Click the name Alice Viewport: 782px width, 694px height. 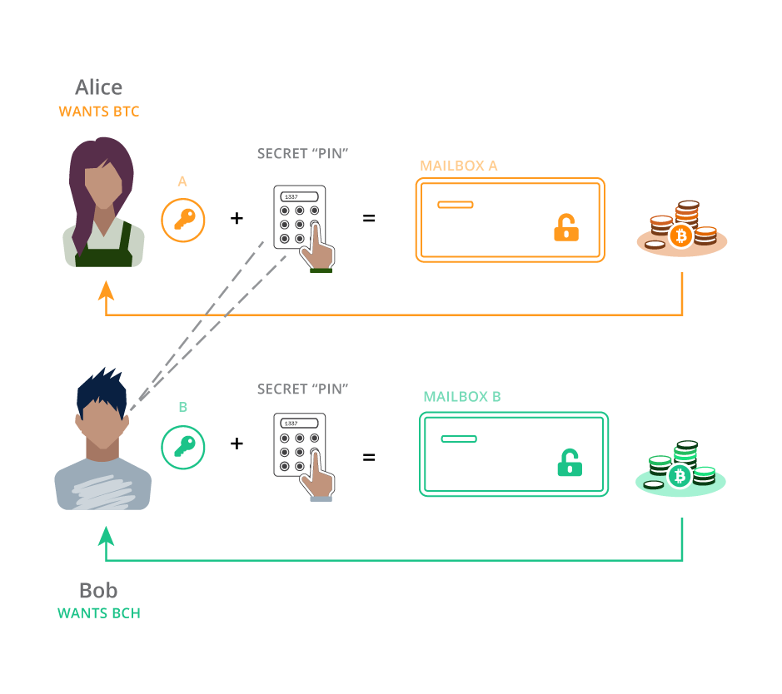click(x=98, y=87)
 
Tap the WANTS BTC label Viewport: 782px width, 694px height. click(x=98, y=112)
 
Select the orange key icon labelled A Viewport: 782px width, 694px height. click(x=183, y=220)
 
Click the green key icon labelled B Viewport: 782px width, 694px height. click(x=183, y=447)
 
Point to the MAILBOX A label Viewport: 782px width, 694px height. click(x=458, y=166)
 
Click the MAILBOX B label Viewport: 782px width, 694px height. click(x=461, y=397)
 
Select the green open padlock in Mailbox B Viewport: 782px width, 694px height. click(x=570, y=463)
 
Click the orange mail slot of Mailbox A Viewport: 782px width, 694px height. click(x=456, y=205)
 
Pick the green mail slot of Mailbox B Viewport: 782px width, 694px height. click(x=459, y=439)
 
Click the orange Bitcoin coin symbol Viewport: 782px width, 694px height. click(x=681, y=235)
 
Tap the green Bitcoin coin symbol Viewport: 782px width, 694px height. click(x=680, y=475)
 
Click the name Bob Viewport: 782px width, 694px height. click(x=98, y=591)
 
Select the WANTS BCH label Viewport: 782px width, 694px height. click(x=98, y=614)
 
